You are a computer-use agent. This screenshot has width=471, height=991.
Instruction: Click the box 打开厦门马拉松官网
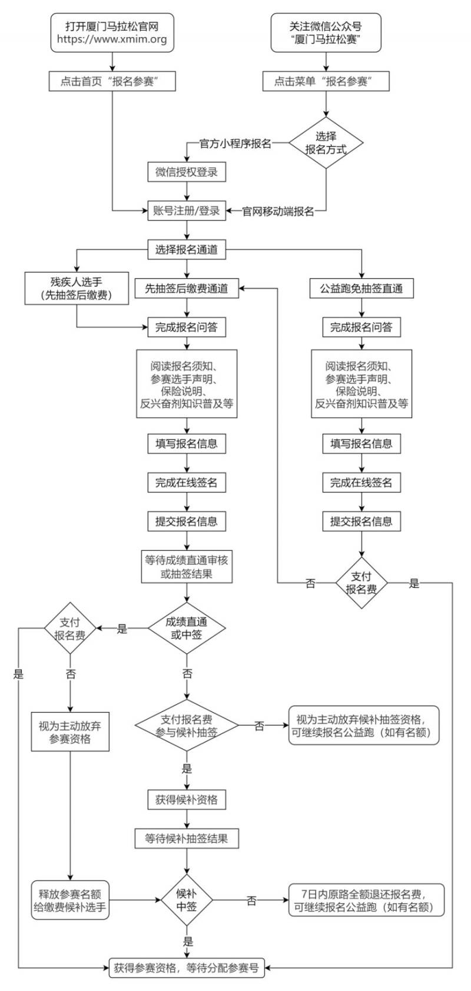(112, 32)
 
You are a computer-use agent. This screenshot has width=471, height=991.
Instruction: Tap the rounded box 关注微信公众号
(326, 32)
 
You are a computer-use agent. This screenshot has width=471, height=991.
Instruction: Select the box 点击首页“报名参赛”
(112, 81)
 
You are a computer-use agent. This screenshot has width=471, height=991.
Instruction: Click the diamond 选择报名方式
(326, 143)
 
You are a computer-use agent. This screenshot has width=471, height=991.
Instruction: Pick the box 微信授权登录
(187, 172)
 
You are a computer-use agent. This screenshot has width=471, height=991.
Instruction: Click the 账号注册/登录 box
(187, 210)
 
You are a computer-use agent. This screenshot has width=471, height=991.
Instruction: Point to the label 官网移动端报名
(278, 211)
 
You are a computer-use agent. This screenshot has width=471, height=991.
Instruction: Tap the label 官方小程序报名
(235, 143)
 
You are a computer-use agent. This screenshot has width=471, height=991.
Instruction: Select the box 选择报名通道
(187, 250)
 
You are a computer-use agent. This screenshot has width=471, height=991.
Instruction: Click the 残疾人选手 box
(77, 288)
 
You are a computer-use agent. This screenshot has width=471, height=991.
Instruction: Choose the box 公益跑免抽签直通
(361, 288)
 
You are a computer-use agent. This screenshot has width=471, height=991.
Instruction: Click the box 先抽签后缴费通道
(187, 288)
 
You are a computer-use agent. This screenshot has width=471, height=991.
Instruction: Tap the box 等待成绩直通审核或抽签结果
(187, 566)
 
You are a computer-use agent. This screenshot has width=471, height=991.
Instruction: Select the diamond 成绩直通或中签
(187, 628)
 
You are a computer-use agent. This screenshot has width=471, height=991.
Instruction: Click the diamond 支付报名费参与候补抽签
(187, 725)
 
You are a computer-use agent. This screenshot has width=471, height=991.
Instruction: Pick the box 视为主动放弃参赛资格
(70, 731)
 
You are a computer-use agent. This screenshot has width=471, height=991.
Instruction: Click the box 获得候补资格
(187, 799)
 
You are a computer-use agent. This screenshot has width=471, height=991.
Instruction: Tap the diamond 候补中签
(187, 900)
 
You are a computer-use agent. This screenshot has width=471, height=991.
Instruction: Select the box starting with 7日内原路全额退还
(366, 900)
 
